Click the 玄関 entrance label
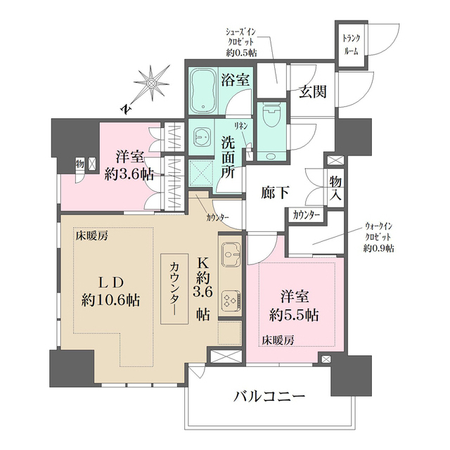pos(310,92)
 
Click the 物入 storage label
pos(336,187)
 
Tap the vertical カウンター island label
pos(174,288)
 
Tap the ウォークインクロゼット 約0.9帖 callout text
pos(379,237)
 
